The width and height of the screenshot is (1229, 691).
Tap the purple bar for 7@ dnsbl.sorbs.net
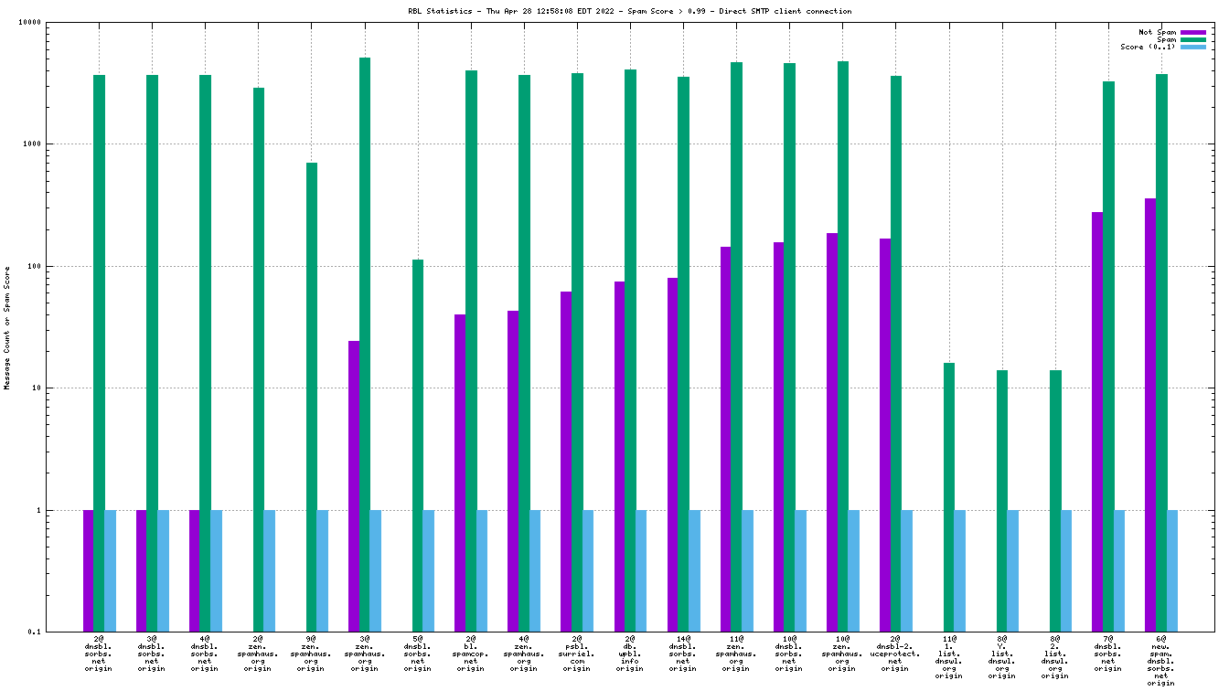(1097, 421)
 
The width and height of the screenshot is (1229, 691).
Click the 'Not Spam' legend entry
(1158, 32)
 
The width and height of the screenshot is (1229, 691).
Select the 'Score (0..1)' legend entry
(1149, 47)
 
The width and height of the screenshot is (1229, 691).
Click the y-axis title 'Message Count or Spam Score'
(7, 327)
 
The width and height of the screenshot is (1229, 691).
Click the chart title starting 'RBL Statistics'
(629, 11)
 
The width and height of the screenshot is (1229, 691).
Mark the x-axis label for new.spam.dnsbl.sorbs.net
(1161, 659)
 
